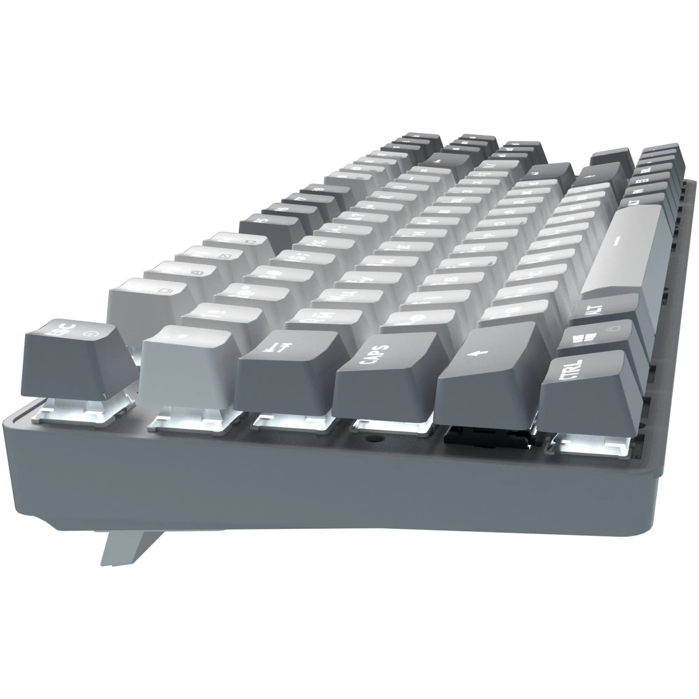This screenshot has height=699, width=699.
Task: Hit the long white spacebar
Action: point(624,250)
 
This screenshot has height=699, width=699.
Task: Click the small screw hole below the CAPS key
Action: point(372,440)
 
